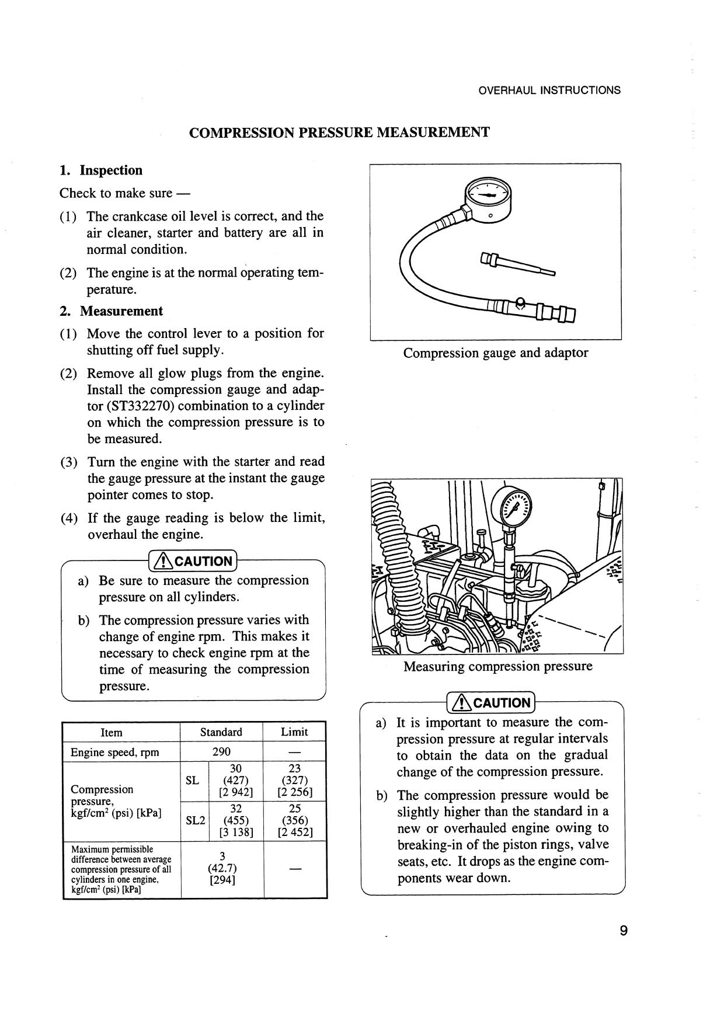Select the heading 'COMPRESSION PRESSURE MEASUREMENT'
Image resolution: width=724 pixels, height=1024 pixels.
pos(339,133)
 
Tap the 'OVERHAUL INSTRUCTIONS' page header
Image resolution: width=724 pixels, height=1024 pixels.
pos(549,90)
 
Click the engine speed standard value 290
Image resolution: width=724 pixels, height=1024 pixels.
pos(221,752)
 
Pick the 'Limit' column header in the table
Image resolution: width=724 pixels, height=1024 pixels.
pos(294,732)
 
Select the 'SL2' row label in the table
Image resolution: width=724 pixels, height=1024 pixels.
pos(195,820)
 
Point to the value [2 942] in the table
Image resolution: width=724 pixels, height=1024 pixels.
pos(236,792)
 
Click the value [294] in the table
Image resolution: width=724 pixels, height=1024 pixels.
pos(222,880)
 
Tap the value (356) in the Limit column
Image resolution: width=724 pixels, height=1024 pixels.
pos(294,820)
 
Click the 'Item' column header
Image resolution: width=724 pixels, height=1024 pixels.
pos(112,733)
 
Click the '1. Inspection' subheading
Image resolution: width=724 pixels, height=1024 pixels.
pos(101,170)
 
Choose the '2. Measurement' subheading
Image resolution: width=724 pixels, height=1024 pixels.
pos(111,311)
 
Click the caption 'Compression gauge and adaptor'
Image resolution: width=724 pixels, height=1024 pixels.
pos(496,353)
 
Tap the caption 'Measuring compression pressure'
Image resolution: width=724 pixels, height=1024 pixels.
pos(497,666)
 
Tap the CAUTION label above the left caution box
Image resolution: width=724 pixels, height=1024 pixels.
pos(193,562)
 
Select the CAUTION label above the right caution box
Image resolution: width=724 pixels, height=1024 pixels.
pos(490,702)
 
